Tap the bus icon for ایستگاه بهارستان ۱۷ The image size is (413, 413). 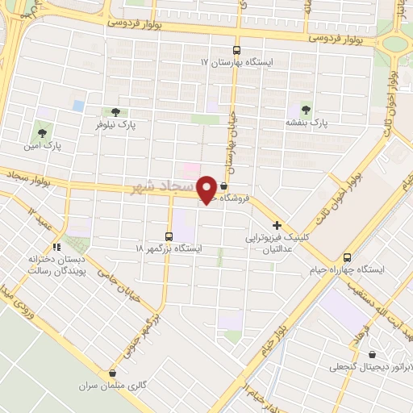point(236,48)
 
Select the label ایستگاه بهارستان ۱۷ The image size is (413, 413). point(236,61)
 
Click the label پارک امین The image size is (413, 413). point(42,145)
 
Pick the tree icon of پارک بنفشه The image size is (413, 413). point(306,109)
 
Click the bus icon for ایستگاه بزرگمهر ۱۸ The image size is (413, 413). point(169,236)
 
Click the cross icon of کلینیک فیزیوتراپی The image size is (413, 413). point(277,226)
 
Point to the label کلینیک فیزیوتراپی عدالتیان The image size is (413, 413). point(277,244)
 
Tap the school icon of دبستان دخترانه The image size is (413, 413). point(56,247)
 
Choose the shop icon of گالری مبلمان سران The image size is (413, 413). point(111,373)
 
